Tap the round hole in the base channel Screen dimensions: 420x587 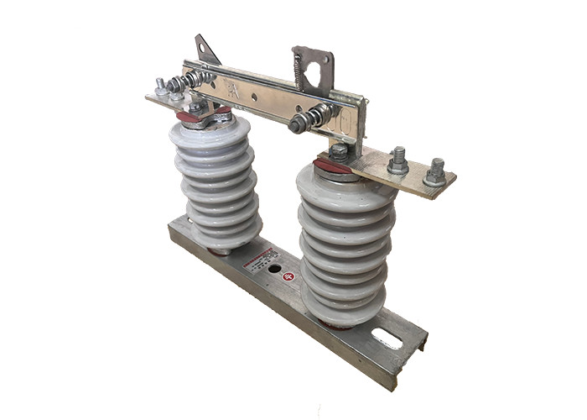coord(273,270)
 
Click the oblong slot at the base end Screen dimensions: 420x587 coord(386,339)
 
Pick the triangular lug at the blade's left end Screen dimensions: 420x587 coord(205,50)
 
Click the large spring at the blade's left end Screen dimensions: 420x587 coord(190,82)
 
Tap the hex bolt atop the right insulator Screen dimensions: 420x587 coord(338,153)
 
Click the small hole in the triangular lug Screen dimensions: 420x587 coord(201,47)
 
